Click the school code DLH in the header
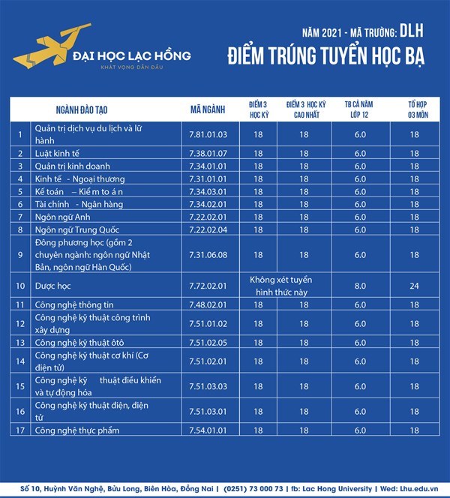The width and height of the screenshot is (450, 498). (x=412, y=31)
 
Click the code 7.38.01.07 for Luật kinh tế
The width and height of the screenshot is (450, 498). (x=208, y=152)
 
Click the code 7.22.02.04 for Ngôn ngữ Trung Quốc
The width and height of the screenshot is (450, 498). (x=208, y=229)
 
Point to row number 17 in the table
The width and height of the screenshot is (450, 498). (x=21, y=430)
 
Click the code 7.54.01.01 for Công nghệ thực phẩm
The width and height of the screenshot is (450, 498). (x=208, y=430)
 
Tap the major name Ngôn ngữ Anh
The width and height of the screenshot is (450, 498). (x=62, y=217)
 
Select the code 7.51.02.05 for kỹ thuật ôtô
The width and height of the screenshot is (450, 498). (x=208, y=342)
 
